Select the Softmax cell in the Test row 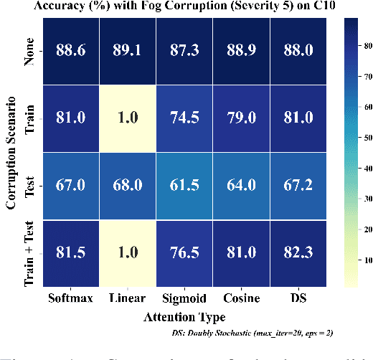(70, 186)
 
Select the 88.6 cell (70, 52)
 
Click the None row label (30, 52)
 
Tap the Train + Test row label (30, 253)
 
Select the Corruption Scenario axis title (11, 152)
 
